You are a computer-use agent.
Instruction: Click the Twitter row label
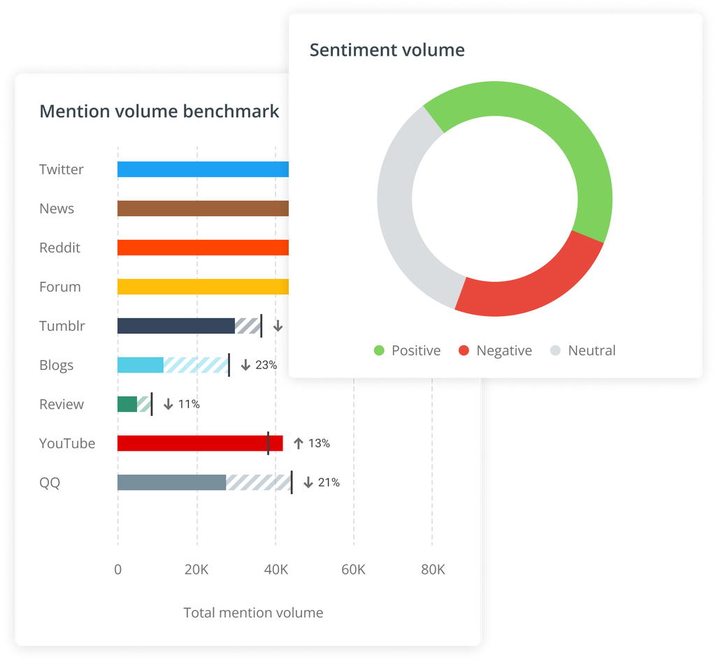tap(62, 169)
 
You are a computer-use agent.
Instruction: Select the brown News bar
tap(203, 208)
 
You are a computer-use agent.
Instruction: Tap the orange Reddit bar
tap(203, 247)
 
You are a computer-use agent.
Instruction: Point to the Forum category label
tap(60, 287)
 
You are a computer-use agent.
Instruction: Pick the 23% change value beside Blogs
tap(266, 365)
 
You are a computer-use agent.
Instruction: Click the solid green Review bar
tap(127, 404)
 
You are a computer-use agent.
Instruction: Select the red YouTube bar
tap(200, 443)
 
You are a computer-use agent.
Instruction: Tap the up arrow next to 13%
tap(299, 443)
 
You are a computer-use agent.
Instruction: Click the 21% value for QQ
tap(329, 482)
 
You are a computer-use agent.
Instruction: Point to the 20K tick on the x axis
tap(196, 570)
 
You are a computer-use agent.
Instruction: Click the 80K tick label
tap(432, 570)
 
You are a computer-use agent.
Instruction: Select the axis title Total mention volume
tap(253, 613)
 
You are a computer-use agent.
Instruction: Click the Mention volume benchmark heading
tap(159, 111)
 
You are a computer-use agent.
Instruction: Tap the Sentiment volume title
tap(387, 50)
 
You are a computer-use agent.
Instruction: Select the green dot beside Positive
tap(380, 351)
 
